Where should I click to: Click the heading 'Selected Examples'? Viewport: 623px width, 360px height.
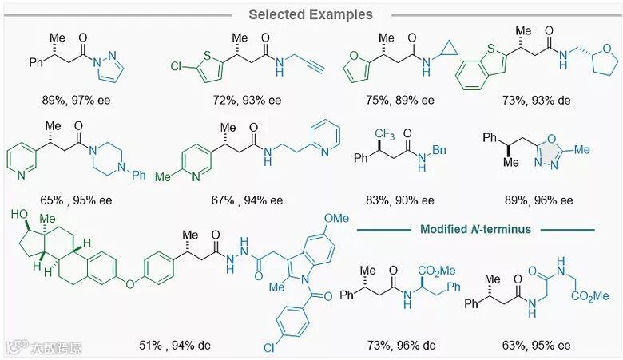pyautogui.click(x=310, y=14)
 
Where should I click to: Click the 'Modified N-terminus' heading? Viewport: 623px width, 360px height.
pyautogui.click(x=475, y=230)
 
